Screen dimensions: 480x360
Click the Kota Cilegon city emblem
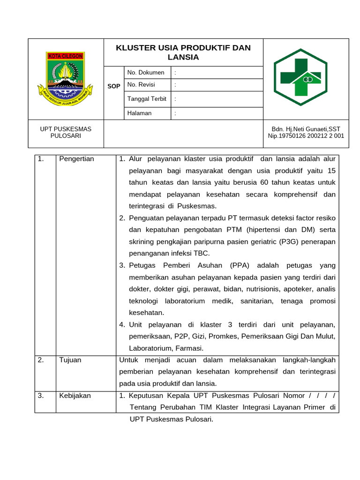coord(66,78)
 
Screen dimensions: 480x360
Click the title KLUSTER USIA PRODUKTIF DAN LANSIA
coord(183,52)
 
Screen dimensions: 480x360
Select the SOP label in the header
coord(114,86)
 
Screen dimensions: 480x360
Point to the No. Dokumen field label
coord(146,73)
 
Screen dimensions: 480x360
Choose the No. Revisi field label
coord(141,85)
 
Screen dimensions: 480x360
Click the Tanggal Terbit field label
coord(147,99)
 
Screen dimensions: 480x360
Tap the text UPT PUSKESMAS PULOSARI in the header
coord(66,132)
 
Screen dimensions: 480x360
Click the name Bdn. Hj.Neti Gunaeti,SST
coord(306,129)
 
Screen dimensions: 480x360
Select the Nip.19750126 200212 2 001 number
coord(306,136)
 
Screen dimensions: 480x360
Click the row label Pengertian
coord(76,159)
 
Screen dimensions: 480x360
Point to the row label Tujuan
coord(70,360)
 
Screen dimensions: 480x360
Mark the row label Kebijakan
coord(75,396)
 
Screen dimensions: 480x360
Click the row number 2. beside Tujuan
coord(41,360)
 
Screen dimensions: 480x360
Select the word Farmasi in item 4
coord(189,348)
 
